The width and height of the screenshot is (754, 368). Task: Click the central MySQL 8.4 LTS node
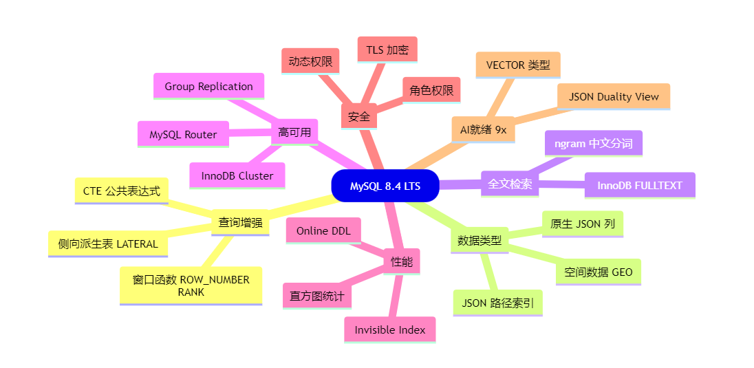click(x=385, y=186)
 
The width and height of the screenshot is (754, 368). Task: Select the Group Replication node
click(x=208, y=86)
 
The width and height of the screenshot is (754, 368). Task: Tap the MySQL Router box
click(x=183, y=134)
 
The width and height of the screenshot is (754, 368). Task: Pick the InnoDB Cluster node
click(x=237, y=175)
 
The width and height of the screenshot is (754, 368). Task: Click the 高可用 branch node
click(x=294, y=131)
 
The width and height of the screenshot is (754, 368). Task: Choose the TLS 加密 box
click(x=387, y=50)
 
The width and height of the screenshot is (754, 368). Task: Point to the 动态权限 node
click(x=310, y=61)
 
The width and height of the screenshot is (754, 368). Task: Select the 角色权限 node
click(x=431, y=90)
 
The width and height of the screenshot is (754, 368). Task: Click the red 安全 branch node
click(x=359, y=116)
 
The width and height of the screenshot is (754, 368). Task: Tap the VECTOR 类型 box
click(x=518, y=65)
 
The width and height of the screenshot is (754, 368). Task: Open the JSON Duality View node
click(x=614, y=96)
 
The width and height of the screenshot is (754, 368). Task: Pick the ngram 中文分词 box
click(x=593, y=144)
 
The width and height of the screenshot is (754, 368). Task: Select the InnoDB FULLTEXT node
click(x=640, y=185)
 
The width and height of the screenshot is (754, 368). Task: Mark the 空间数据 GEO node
click(x=598, y=272)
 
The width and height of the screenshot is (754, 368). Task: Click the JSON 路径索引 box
click(x=497, y=303)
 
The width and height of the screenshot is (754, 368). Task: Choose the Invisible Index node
click(x=389, y=329)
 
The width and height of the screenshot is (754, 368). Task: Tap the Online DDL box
click(x=323, y=230)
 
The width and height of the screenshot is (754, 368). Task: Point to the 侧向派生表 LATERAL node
click(x=108, y=243)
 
